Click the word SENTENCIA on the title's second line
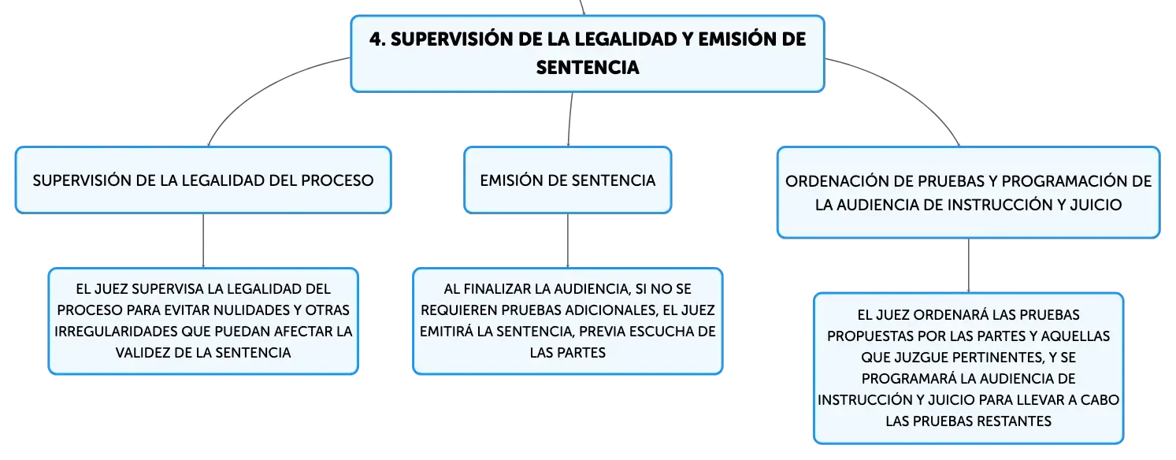(x=588, y=68)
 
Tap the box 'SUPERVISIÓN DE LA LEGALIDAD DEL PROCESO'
(x=203, y=180)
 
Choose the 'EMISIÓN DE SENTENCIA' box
(x=568, y=180)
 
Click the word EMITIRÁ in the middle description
(x=447, y=332)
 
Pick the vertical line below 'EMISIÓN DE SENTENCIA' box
(x=568, y=240)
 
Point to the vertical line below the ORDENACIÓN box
(x=969, y=265)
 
